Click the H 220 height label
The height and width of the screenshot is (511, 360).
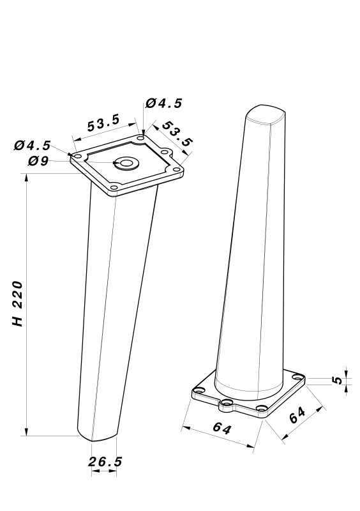pyautogui.click(x=18, y=304)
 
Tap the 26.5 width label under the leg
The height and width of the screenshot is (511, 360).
pyautogui.click(x=105, y=462)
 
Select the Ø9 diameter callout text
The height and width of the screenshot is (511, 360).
pyautogui.click(x=38, y=161)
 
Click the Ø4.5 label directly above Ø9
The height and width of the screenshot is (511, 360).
pyautogui.click(x=33, y=146)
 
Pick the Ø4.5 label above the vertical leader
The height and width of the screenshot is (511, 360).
pyautogui.click(x=164, y=103)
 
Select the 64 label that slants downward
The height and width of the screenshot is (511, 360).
pyautogui.click(x=222, y=427)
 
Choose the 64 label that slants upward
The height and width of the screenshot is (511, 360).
pyautogui.click(x=297, y=415)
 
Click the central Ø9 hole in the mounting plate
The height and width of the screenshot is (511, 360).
pyautogui.click(x=126, y=163)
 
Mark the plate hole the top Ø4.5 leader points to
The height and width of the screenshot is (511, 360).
pyautogui.click(x=140, y=138)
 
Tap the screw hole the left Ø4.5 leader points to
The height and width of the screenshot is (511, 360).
pyautogui.click(x=78, y=157)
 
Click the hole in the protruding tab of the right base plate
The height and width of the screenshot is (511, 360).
pyautogui.click(x=227, y=403)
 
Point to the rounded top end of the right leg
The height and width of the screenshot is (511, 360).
pyautogui.click(x=266, y=114)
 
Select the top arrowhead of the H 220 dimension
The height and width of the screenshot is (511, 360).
pyautogui.click(x=27, y=178)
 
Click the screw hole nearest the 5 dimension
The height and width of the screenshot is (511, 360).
pyautogui.click(x=297, y=378)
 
